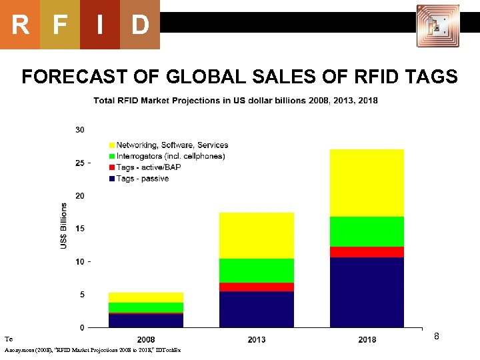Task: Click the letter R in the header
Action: pyautogui.click(x=20, y=25)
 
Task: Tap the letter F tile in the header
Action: pyautogui.click(x=60, y=25)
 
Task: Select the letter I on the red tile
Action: pyautogui.click(x=99, y=25)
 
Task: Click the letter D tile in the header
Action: pyautogui.click(x=139, y=25)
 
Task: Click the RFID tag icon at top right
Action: pyautogui.click(x=437, y=26)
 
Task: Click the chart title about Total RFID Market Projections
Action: pyautogui.click(x=235, y=101)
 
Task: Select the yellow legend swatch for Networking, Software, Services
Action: pyautogui.click(x=111, y=145)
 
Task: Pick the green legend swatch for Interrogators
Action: pyautogui.click(x=111, y=157)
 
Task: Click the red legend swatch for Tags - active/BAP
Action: pyautogui.click(x=111, y=167)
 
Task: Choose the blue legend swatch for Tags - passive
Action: pyautogui.click(x=111, y=179)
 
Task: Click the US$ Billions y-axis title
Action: pyautogui.click(x=64, y=226)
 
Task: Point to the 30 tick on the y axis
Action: pyautogui.click(x=79, y=129)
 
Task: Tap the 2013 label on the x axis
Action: pyautogui.click(x=257, y=339)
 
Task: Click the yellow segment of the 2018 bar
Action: pyautogui.click(x=367, y=183)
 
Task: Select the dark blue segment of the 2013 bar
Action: pyautogui.click(x=257, y=309)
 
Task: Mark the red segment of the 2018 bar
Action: pyautogui.click(x=367, y=252)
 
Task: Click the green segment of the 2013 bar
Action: pyautogui.click(x=257, y=271)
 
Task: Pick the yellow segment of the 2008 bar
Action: pyautogui.click(x=146, y=297)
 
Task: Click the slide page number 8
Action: pyautogui.click(x=437, y=337)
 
